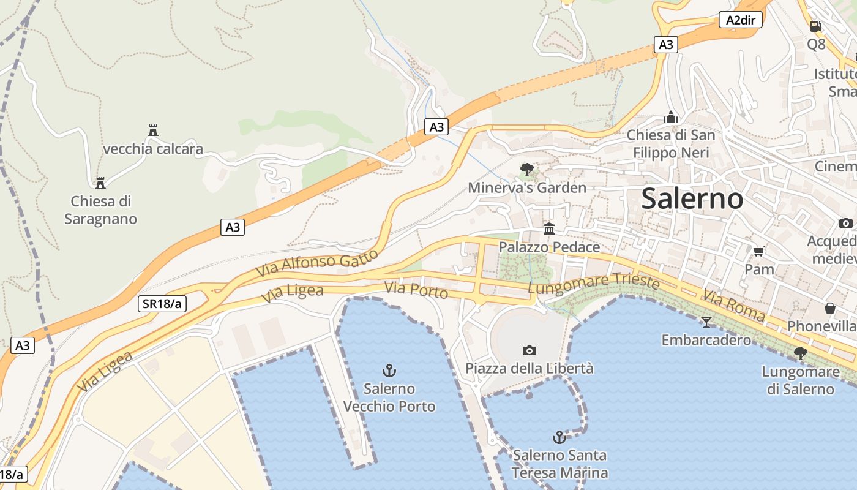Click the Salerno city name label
[x=692, y=199]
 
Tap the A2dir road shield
[x=741, y=20]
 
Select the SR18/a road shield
[x=162, y=303]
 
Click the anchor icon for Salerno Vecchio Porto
[x=389, y=371]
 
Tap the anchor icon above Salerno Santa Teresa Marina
[x=559, y=437]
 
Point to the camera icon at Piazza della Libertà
[x=530, y=350]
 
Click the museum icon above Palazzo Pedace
[x=549, y=228]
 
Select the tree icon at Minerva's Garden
[x=526, y=170]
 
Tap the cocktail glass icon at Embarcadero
[x=706, y=322]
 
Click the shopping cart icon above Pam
[x=759, y=251]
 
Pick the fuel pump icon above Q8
[x=815, y=26]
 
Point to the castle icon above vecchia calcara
[x=153, y=130]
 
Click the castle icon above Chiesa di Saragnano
[x=100, y=183]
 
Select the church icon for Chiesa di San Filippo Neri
[x=671, y=116]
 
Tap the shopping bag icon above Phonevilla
[x=830, y=307]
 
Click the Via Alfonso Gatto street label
[x=317, y=264]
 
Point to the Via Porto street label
[x=416, y=290]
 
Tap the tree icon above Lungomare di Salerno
[x=800, y=353]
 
